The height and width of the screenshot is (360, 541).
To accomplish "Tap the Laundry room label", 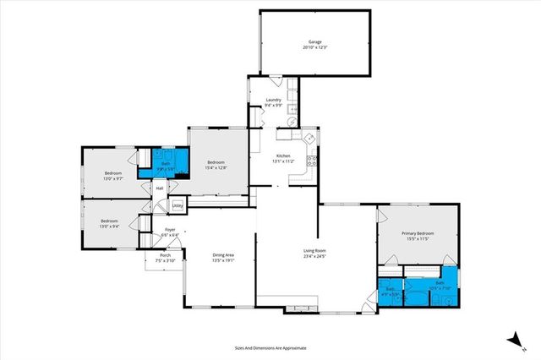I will pos(273,100).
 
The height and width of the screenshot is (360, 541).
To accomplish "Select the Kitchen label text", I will pos(283,155).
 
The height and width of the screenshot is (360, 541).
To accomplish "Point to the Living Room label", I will pos(315,250).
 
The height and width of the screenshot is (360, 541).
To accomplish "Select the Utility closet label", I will pos(178,205).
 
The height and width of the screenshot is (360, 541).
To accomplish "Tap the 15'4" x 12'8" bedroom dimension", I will pos(216,167).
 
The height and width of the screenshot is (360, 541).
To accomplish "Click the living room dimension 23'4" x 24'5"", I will pos(315,256).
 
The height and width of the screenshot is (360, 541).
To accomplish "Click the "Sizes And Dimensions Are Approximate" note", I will pos(270,347).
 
